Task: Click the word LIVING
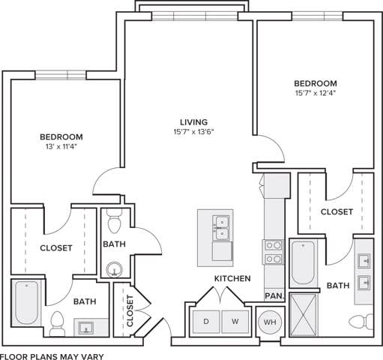[x=193, y=121]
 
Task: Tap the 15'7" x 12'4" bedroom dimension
[x=315, y=94]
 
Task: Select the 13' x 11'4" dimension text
[x=61, y=147]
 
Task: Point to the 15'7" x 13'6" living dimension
[x=193, y=133]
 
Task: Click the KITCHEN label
[x=232, y=278]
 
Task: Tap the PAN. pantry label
[x=274, y=296]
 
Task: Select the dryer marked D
[x=206, y=322]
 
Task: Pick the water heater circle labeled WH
[x=268, y=322]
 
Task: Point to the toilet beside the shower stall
[x=361, y=322]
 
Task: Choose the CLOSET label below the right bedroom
[x=337, y=212]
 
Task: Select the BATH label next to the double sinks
[x=337, y=286]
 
